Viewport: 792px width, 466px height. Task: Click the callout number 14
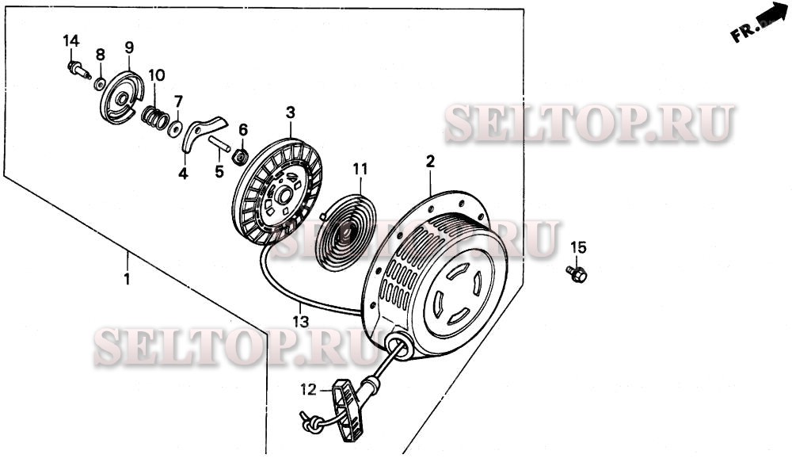[x=71, y=41]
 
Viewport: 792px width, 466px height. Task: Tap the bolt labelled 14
[x=78, y=70]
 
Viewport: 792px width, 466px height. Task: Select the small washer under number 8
[x=100, y=83]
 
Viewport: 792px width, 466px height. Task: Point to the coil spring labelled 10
[x=155, y=118]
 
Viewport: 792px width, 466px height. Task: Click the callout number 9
[x=129, y=48]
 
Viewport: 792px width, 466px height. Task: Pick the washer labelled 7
[x=175, y=129]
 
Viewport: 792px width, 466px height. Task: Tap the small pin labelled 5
[x=219, y=144]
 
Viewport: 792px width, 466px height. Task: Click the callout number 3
[x=291, y=113]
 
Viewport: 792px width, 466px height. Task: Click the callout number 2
[x=430, y=162]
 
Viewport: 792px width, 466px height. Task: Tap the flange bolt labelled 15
[x=577, y=274]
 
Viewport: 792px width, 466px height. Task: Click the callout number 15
[x=578, y=247]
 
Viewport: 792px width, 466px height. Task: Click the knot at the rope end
[x=313, y=424]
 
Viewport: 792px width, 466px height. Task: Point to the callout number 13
[x=300, y=322]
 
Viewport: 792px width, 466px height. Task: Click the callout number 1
[x=127, y=278]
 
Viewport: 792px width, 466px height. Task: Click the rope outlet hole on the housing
[x=399, y=345]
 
